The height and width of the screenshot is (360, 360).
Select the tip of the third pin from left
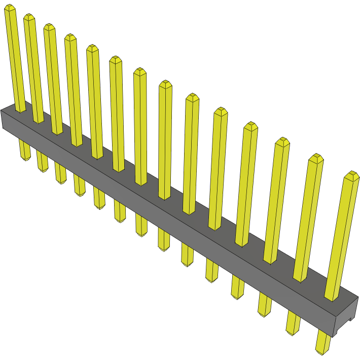(x=49, y=26)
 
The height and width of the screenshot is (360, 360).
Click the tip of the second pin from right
(x=315, y=157)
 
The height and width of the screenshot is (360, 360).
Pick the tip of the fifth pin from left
(x=92, y=48)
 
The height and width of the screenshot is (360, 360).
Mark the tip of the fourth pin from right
(x=251, y=126)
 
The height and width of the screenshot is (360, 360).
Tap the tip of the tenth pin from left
(x=221, y=111)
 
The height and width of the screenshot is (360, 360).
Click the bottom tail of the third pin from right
(x=264, y=310)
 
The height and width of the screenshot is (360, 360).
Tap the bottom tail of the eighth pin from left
(x=164, y=246)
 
